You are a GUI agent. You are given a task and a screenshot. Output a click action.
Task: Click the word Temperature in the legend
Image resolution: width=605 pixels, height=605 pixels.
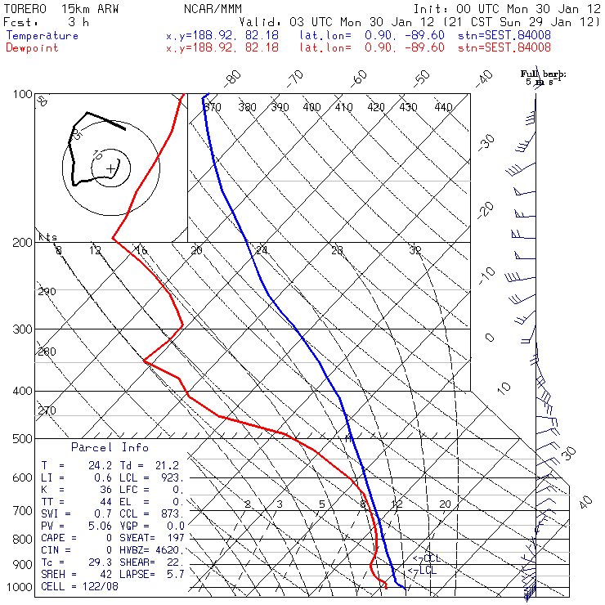coord(43,36)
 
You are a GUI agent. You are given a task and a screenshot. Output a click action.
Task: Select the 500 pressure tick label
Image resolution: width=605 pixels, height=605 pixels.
coord(21,439)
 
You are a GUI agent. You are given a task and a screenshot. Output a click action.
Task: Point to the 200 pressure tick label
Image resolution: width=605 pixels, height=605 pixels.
coord(21,243)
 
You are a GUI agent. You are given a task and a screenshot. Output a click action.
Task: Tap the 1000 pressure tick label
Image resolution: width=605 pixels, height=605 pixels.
coord(19,588)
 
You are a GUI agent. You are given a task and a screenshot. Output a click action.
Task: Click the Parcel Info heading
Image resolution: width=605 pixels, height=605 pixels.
coord(110,447)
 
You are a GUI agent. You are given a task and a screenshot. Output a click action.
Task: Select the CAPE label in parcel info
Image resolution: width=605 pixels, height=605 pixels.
coord(56,538)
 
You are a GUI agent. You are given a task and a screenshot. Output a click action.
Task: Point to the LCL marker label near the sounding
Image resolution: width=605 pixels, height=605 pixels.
coord(427,570)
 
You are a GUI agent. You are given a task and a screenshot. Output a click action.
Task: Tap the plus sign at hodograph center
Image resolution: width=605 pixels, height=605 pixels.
coord(110,168)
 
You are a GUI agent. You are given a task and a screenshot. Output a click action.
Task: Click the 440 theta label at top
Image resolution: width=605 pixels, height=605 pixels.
coord(443,107)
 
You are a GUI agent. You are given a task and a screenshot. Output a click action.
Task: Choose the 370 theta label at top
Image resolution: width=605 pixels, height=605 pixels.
coord(213,107)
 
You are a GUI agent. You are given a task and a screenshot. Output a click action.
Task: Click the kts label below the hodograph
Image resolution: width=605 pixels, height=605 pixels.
coord(49,237)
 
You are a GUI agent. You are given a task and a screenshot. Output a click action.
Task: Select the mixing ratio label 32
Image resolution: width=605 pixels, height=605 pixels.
coord(415,250)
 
